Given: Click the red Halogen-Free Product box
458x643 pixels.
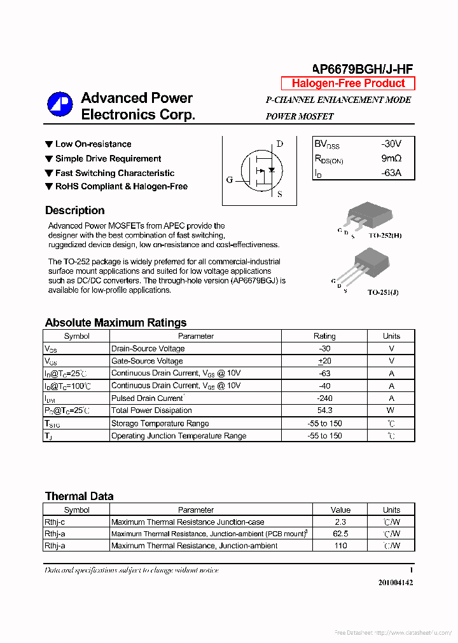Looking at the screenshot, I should tap(348, 83).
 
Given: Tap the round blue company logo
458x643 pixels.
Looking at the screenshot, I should tap(60, 105).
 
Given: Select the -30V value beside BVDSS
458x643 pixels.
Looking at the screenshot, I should tap(391, 144).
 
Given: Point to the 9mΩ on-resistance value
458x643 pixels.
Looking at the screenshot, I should tap(391, 159).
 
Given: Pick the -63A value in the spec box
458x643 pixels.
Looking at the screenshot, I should tap(391, 173).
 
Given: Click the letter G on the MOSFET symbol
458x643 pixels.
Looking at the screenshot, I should tap(230, 180).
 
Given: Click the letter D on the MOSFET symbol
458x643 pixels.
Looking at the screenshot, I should tap(279, 144).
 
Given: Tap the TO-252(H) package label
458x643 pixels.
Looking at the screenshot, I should tap(385, 235).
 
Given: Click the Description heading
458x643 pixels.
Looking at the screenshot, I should tap(74, 210).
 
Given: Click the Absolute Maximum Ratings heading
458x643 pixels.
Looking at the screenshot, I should tap(115, 322).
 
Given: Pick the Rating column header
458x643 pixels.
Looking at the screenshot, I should tap(324, 336).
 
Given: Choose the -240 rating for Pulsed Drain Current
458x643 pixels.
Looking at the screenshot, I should tap(324, 398).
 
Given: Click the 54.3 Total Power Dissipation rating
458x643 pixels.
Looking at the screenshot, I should tap(324, 410).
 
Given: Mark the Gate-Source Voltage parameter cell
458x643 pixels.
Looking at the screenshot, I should tap(147, 361).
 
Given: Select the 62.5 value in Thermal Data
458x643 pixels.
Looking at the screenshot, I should tap(340, 534).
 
